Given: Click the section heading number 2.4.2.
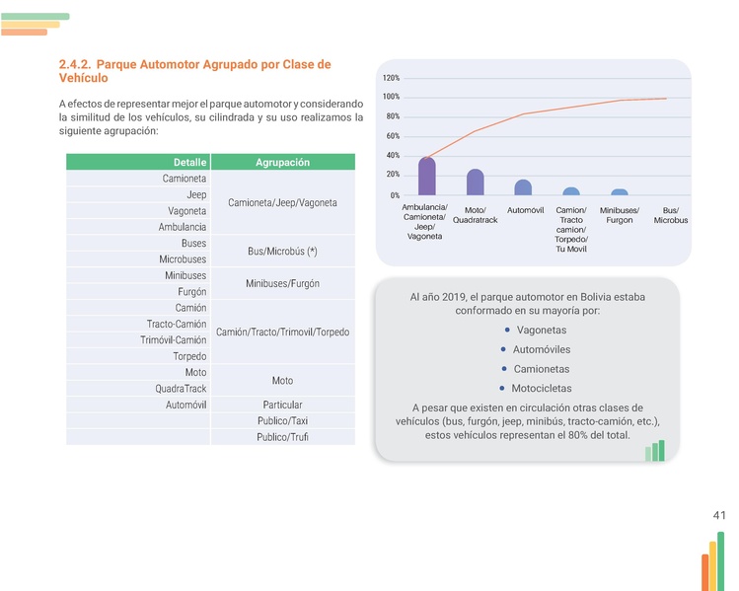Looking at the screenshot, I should [x=76, y=65].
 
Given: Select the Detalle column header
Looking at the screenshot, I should [x=189, y=162].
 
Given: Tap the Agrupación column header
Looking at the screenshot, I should [x=282, y=162].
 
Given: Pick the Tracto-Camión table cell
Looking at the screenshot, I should [x=177, y=324].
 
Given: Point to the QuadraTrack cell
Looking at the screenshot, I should [x=181, y=389].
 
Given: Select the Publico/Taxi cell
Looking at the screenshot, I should [x=282, y=421].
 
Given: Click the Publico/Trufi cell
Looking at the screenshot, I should [x=282, y=437].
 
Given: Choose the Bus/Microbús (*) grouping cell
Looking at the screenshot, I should [x=282, y=251].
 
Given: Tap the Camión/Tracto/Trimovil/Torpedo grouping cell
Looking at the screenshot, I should [x=282, y=332].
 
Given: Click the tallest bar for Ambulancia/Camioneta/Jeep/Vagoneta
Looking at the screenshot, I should [x=427, y=177].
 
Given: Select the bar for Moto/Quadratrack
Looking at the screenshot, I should [x=476, y=183].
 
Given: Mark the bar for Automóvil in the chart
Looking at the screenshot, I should [x=523, y=187].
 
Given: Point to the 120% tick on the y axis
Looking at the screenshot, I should [x=391, y=78].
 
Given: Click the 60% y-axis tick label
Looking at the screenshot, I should [x=392, y=136].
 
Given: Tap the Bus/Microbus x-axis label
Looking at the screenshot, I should [x=670, y=215].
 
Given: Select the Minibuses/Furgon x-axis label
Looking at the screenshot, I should [x=619, y=215].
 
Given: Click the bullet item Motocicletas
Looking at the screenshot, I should [x=541, y=389].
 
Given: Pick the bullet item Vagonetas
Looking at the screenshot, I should [x=542, y=330].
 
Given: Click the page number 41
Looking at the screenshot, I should [x=718, y=515].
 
